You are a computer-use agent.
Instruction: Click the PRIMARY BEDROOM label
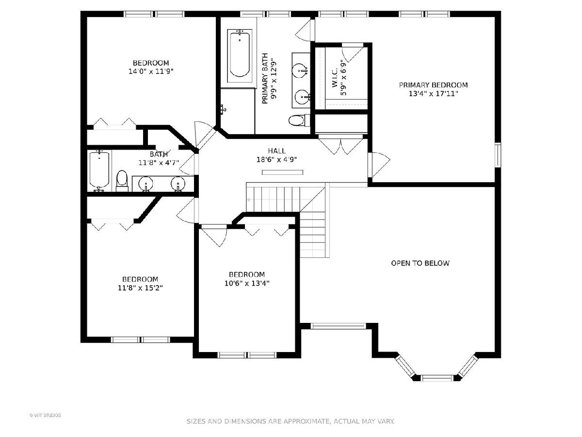pos(433,85)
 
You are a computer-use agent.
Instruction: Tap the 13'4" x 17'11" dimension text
pos(433,94)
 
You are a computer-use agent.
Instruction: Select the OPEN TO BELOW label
pos(420,263)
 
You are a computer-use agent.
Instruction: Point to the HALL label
pos(277,151)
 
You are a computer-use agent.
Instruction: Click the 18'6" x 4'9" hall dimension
pos(276,159)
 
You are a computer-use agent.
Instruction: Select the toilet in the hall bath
pos(122,181)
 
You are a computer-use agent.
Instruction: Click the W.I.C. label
pos(334,78)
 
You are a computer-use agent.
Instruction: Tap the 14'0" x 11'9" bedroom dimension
pos(151,71)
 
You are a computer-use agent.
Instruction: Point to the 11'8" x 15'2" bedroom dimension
pos(140,287)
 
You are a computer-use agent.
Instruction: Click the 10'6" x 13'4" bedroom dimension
pos(247,283)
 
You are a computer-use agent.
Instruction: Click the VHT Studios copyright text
pos(45,415)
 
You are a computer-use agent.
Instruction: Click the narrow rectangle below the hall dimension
pos(282,172)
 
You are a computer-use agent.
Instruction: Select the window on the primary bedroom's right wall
pos(498,155)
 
